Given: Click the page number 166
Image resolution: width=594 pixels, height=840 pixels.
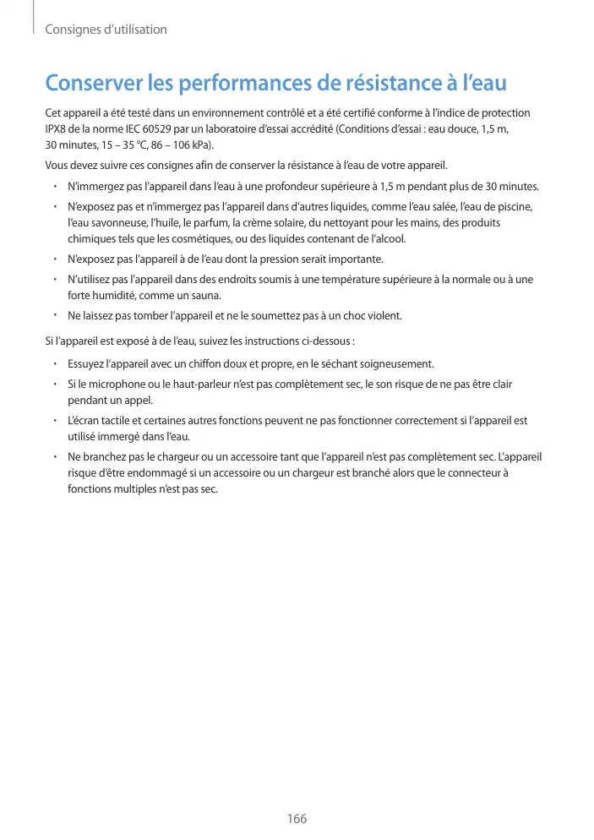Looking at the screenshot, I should pyautogui.click(x=297, y=819).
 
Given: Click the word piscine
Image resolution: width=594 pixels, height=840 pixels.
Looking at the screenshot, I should pyautogui.click(x=515, y=207).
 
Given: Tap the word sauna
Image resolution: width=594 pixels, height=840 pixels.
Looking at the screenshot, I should pyautogui.click(x=204, y=295).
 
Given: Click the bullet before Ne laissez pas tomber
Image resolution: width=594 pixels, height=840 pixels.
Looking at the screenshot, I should pyautogui.click(x=53, y=316).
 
